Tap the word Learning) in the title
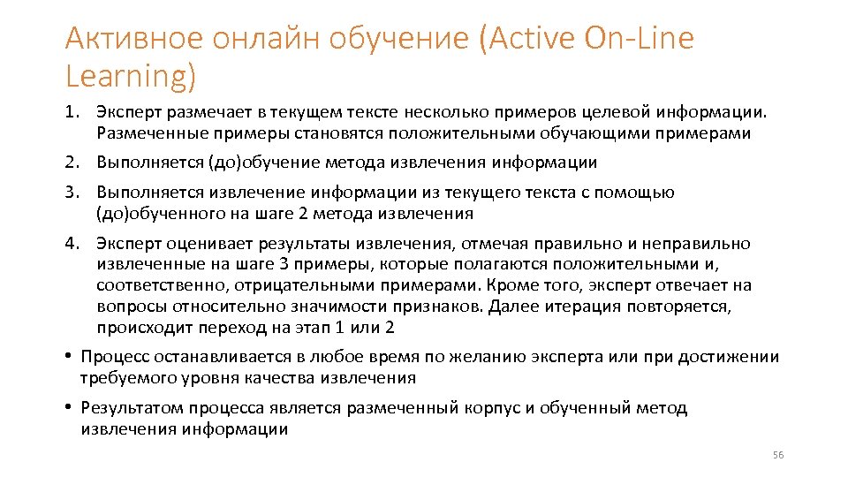pos(130,77)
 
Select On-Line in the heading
pos(640,39)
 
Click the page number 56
pos(777,455)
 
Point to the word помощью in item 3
pos(644,193)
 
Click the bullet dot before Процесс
pos(67,358)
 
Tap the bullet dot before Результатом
pos(67,408)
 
